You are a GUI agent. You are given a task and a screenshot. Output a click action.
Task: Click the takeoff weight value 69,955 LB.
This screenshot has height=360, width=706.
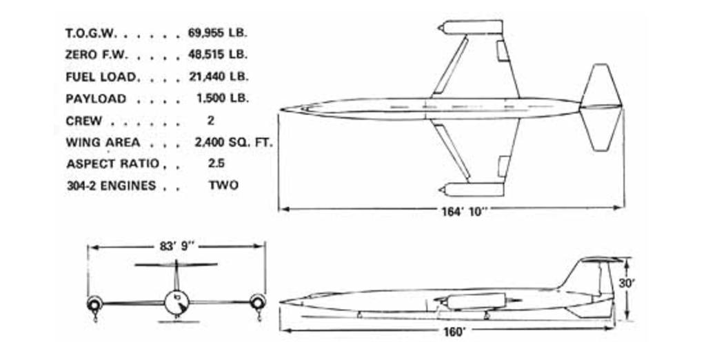click(218, 33)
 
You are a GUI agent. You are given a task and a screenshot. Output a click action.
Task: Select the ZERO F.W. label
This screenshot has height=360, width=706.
click(97, 55)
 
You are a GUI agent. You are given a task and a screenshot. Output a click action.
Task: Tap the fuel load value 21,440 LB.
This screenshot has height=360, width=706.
click(219, 77)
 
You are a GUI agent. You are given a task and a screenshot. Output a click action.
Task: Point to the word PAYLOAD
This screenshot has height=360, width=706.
click(96, 99)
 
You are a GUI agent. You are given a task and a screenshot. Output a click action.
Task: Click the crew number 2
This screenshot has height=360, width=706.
click(211, 121)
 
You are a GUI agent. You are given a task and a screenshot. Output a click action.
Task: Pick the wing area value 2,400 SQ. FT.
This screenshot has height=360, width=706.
click(234, 143)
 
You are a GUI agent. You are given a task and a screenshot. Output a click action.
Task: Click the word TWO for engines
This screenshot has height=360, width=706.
click(223, 186)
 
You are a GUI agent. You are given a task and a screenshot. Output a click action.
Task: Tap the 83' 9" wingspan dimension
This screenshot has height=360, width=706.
click(176, 246)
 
